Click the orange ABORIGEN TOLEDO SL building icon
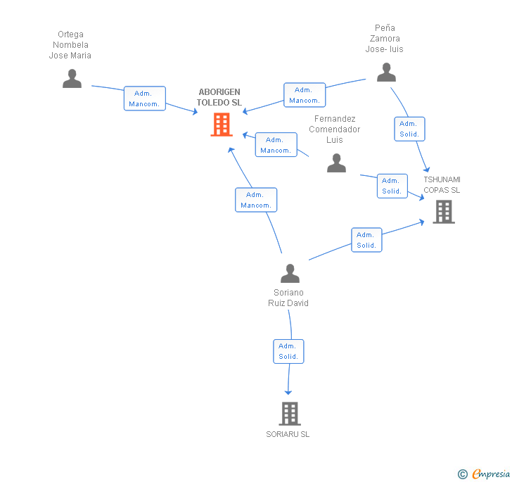222,125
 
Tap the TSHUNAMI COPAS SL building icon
444,212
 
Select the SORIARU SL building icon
289,414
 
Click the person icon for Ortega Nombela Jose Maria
72,78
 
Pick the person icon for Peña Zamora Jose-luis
386,72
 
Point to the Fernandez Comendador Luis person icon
336,163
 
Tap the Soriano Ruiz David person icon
290,273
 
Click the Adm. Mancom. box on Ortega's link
145,99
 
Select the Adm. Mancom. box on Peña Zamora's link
305,95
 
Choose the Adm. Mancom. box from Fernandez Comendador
276,145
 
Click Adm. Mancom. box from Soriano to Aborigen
256,200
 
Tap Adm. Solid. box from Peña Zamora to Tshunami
409,129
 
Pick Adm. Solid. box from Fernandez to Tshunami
392,186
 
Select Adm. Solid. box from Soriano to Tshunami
366,240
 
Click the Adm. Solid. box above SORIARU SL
288,351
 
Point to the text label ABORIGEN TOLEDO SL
219,97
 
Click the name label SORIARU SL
288,434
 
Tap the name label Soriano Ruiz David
288,298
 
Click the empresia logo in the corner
484,474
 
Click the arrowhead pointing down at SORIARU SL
288,391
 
